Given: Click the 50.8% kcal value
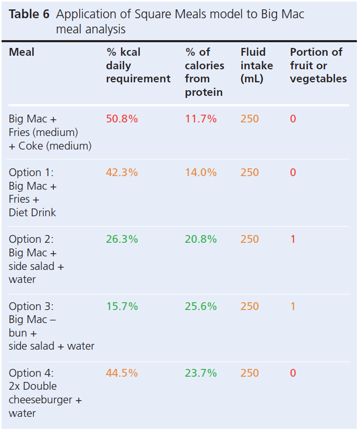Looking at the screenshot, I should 122,119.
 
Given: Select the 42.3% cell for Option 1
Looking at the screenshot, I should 122,172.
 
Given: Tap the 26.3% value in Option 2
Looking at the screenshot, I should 122,239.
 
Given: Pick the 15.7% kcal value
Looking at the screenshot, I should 122,306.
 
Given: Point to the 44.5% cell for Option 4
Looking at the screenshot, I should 122,373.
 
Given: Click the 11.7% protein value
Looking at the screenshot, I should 201,119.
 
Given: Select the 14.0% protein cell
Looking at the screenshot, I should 201,172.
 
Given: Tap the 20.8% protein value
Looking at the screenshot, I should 201,239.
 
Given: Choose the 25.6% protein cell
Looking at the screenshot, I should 201,306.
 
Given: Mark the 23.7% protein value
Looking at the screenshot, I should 201,373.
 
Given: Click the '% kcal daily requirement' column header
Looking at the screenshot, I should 138,66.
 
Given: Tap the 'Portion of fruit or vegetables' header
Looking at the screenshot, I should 318,66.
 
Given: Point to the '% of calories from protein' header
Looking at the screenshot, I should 204,72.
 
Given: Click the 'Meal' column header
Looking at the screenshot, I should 22,52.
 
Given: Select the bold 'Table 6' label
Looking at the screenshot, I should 29,15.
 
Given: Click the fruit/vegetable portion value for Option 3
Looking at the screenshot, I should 293,306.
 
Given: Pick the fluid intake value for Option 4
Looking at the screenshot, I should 250,373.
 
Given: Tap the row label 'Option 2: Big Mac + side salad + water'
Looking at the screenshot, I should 36,259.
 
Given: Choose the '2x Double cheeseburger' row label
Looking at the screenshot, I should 45,393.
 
